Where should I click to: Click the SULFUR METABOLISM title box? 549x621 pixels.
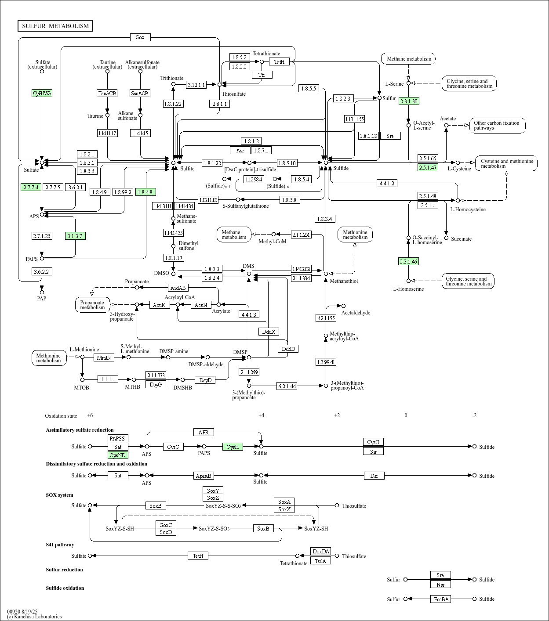pos(55,26)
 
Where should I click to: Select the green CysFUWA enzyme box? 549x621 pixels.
pos(42,93)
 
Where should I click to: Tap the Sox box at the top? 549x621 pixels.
pos(140,37)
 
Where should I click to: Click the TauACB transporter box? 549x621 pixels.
pos(107,93)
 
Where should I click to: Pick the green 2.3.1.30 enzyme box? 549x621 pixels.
pos(408,101)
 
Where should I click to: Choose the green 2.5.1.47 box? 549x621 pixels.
pos(428,167)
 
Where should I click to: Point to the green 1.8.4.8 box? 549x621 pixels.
pos(145,192)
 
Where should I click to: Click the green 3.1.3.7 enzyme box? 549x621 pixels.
pos(75,236)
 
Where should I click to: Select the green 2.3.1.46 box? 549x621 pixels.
pos(408,262)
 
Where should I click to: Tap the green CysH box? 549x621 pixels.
pos(233,447)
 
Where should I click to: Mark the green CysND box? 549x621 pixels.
pos(118,455)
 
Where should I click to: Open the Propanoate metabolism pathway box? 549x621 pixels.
pos(92,305)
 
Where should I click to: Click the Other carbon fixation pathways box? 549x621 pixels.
pos(497,126)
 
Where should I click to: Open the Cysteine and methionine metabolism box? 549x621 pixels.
pos(506,163)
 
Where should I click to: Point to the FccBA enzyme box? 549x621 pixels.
pos(440,599)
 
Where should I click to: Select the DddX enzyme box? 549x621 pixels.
pos(269,332)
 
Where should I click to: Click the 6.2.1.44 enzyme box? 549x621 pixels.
pos(287,386)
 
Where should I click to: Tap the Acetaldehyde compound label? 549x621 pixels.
pos(356,313)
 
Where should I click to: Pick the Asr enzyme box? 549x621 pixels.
pos(240,150)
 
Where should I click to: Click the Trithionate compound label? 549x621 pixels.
pos(171,78)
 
